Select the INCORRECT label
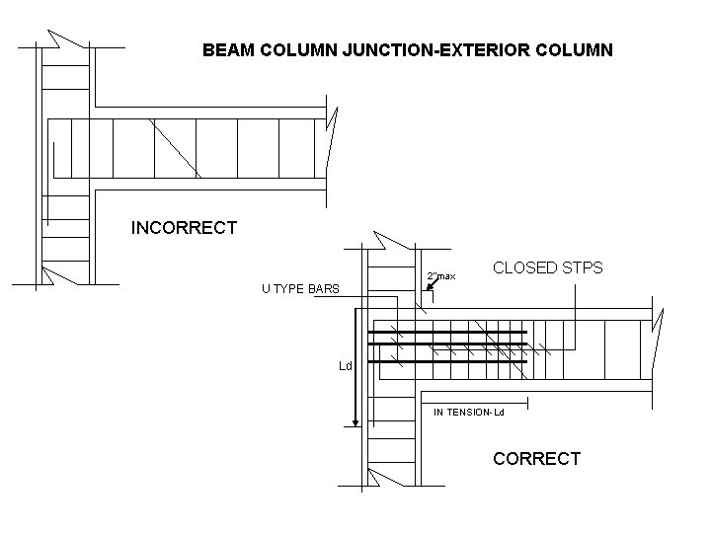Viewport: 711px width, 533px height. pyautogui.click(x=185, y=228)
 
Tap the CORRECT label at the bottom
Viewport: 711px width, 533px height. pyautogui.click(x=536, y=459)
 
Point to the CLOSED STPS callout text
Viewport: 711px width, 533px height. pyautogui.click(x=547, y=267)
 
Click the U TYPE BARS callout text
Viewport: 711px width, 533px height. pyautogui.click(x=300, y=289)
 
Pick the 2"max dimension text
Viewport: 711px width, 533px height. pyautogui.click(x=441, y=275)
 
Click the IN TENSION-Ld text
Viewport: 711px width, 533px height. pyautogui.click(x=469, y=412)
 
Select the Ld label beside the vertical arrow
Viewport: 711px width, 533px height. pyautogui.click(x=346, y=366)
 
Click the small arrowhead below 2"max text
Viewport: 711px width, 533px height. pyautogui.click(x=430, y=287)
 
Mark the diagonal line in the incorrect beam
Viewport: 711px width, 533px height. pyautogui.click(x=176, y=148)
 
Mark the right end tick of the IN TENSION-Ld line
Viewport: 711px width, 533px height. pyautogui.click(x=528, y=403)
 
